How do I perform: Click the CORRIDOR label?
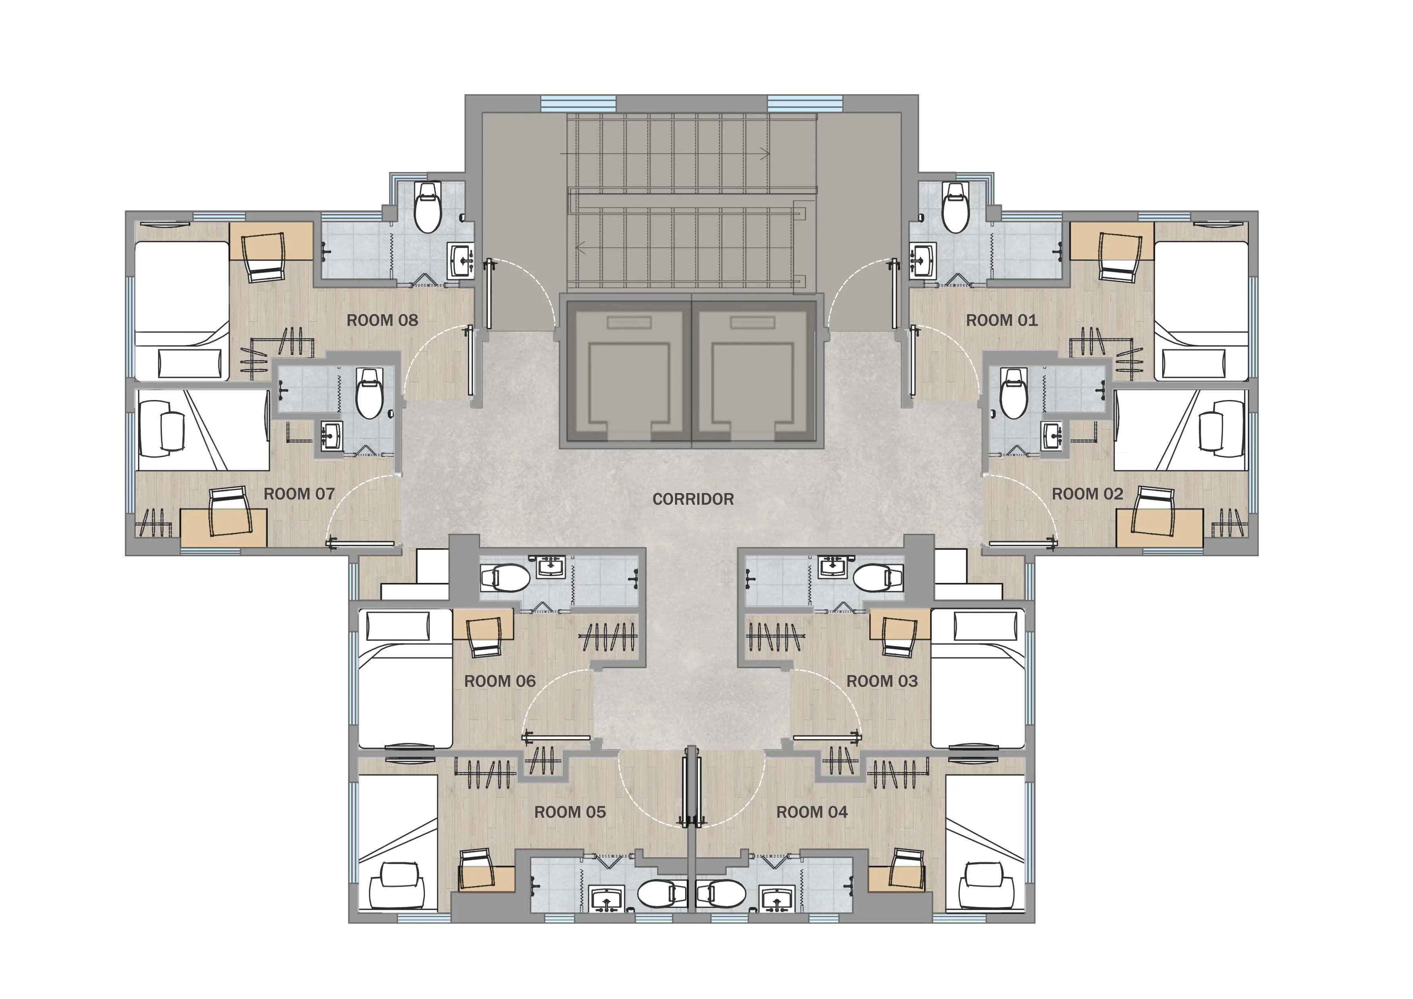tap(693, 499)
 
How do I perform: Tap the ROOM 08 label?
tap(382, 320)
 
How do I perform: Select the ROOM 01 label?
tap(1002, 320)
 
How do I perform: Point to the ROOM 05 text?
tap(570, 812)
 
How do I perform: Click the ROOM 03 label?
tap(882, 681)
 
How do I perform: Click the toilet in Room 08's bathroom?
tap(428, 206)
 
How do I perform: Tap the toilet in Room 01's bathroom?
tap(956, 206)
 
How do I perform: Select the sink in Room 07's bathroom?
tap(332, 436)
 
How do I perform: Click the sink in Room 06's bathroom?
tap(551, 566)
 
